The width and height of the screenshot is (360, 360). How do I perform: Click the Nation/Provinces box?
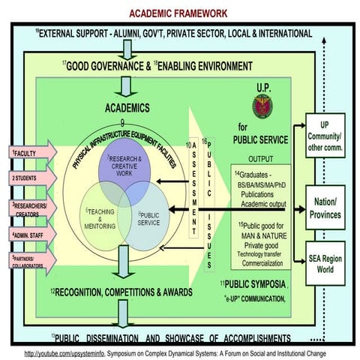point(328,208)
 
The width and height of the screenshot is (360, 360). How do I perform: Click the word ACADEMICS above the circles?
point(130,108)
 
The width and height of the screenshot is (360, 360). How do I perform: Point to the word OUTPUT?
point(260,158)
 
